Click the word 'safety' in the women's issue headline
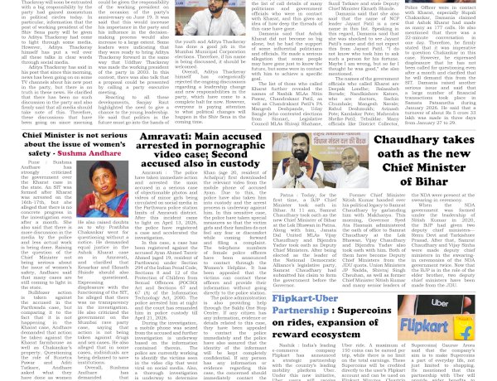click(x=38, y=154)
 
